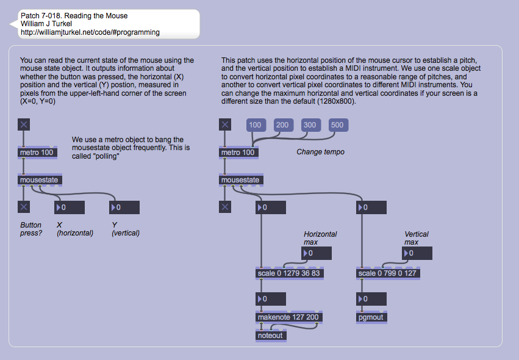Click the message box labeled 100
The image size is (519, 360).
[255, 125]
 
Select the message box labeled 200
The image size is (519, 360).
[282, 125]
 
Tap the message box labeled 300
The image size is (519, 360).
[310, 125]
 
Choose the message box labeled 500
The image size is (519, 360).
[337, 125]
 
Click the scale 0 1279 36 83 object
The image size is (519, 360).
[289, 273]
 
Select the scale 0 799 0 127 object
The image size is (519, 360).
[387, 273]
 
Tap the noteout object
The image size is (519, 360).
[271, 335]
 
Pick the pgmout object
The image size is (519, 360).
[371, 317]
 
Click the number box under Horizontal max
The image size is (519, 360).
[317, 253]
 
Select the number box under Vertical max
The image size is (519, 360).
[417, 253]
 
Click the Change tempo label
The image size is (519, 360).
[321, 152]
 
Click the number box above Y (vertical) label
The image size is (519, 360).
[124, 207]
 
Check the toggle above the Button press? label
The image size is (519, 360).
[24, 207]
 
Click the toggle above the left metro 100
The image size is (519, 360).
[24, 125]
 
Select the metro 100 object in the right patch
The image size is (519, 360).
[238, 152]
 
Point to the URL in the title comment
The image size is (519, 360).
[90, 32]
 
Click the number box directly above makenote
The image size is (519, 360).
[271, 299]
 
